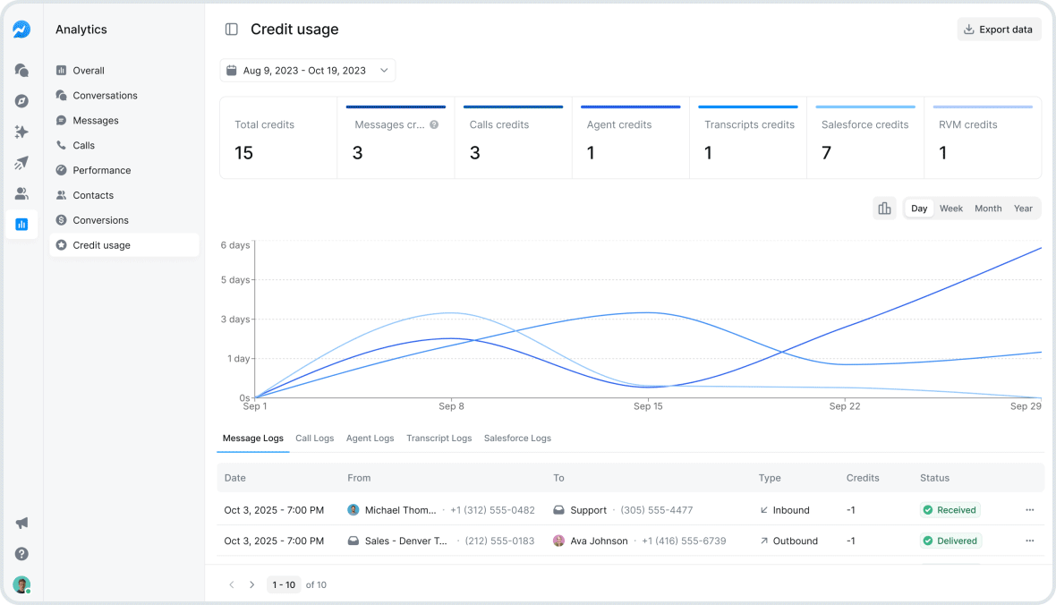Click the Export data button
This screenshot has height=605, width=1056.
[x=999, y=30]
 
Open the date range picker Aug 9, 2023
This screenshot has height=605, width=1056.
[x=307, y=71]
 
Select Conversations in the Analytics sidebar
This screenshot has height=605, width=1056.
[x=105, y=96]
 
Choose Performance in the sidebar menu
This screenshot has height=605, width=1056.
[x=101, y=170]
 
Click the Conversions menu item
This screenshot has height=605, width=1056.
[x=100, y=220]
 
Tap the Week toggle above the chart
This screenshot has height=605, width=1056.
[x=950, y=209]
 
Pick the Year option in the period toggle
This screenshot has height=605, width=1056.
[x=1023, y=209]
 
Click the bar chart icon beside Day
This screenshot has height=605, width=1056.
[x=884, y=209]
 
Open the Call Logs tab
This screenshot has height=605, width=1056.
[x=314, y=439]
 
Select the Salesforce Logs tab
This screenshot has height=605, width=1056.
[x=517, y=439]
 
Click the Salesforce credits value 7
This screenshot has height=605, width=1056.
[x=826, y=153]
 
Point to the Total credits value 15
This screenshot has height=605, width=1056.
[x=243, y=153]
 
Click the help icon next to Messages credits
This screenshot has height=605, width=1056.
[x=434, y=125]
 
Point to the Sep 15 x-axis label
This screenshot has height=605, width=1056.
[x=648, y=406]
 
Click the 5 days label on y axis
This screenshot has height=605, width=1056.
[x=236, y=280]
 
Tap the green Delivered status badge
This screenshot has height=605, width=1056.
[x=950, y=541]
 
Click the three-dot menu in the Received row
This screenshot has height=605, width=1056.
[x=1029, y=510]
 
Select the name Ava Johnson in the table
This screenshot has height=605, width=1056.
[x=599, y=541]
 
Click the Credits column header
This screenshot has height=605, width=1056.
[x=863, y=478]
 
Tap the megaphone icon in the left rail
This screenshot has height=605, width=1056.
[x=21, y=523]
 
